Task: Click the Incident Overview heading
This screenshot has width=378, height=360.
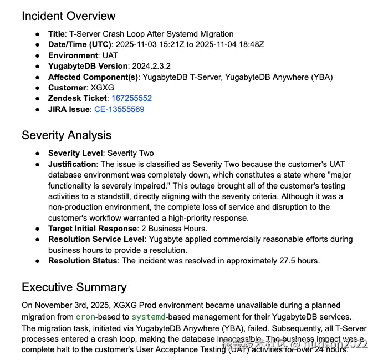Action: (x=69, y=16)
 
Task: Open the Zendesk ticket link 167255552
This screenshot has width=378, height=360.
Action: (x=131, y=98)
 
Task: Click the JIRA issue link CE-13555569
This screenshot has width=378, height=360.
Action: (x=119, y=109)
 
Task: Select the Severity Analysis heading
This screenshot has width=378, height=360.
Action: (x=67, y=135)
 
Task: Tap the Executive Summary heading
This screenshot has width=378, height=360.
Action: (x=74, y=287)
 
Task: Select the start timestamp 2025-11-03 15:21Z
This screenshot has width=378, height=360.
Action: (x=150, y=44)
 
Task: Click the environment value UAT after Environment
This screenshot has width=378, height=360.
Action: (x=110, y=55)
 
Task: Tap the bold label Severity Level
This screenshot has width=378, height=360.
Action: (x=75, y=153)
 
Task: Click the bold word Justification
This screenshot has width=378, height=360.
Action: (x=72, y=164)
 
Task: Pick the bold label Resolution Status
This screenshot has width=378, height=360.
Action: (x=83, y=261)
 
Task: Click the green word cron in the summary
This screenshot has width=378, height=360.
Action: (x=86, y=317)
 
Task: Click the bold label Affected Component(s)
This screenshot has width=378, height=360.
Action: (x=93, y=77)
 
